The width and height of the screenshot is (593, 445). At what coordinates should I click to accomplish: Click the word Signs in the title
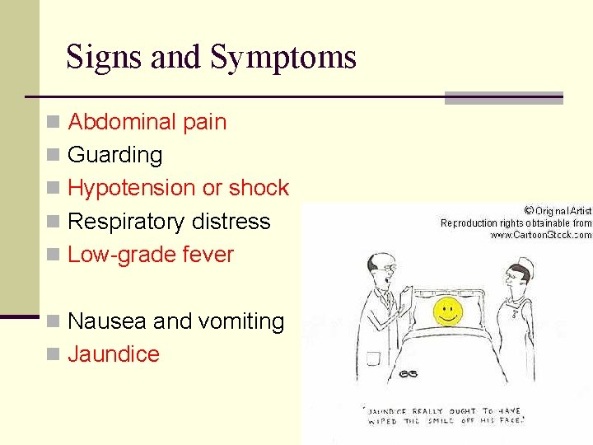coord(98,58)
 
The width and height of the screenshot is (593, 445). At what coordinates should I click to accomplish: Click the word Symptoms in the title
coord(283,58)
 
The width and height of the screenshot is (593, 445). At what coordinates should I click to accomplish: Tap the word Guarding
coord(115,155)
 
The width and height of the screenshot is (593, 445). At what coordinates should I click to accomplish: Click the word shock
coord(259,188)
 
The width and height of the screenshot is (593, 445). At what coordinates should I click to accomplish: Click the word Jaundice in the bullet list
coord(114,354)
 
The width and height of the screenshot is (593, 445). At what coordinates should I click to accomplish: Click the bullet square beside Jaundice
coord(54,355)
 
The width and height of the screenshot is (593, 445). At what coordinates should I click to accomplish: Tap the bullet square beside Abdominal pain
coord(54,123)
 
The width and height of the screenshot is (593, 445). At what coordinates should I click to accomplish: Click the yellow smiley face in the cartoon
coord(447,311)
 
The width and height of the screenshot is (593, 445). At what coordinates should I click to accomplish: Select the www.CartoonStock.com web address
coord(540,235)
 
